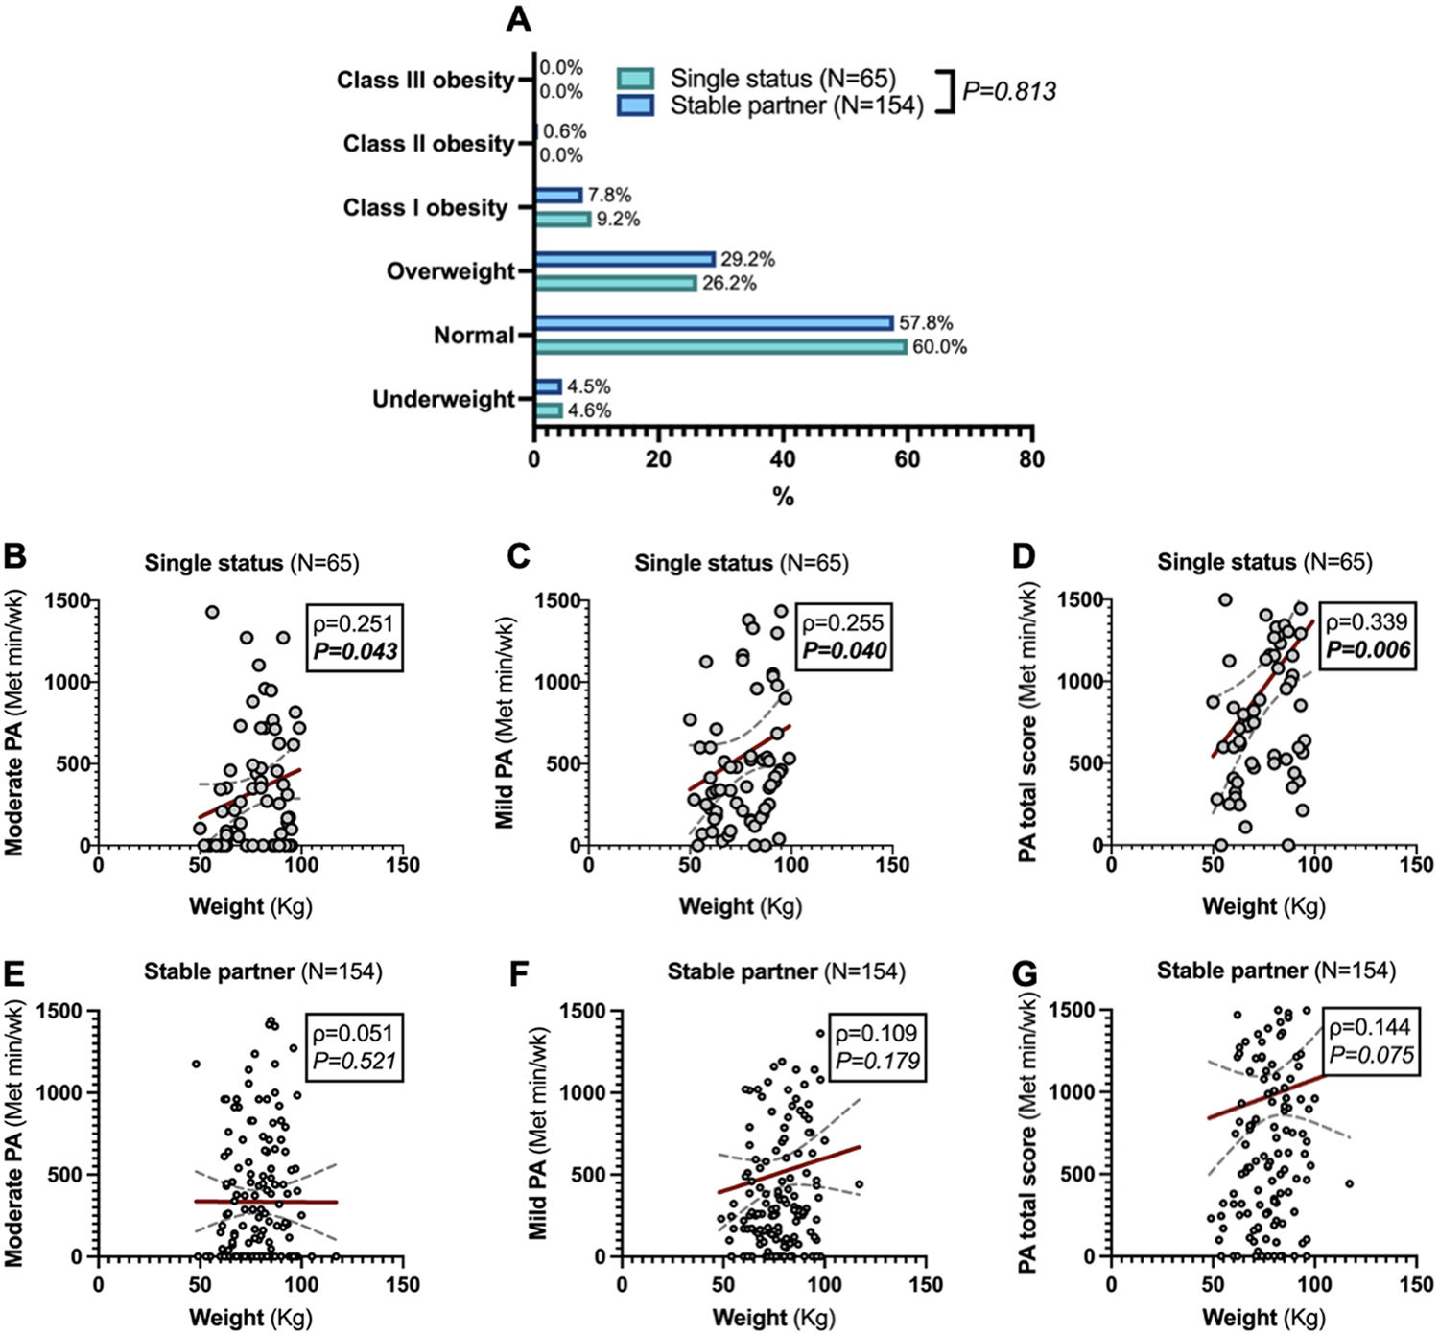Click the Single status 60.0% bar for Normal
pos(720,346)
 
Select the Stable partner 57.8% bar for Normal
pos(714,323)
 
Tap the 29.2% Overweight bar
pos(625,259)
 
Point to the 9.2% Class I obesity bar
pos(562,220)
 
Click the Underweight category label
pos(443,399)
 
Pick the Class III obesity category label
pos(425,80)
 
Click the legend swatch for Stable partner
pos(635,105)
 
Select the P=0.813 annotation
pos(1008,92)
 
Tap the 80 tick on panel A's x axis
pos(1031,459)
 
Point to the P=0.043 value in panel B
pos(355,651)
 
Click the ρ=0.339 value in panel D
pos(1369,622)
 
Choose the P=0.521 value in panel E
pos(354,1061)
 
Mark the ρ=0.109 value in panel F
pos(877,1033)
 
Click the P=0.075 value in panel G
pos(1371,1055)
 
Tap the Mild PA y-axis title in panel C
pos(506,723)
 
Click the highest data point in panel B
pos(212,612)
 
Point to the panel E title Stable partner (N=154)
pos(263,971)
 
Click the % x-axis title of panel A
pos(783,497)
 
